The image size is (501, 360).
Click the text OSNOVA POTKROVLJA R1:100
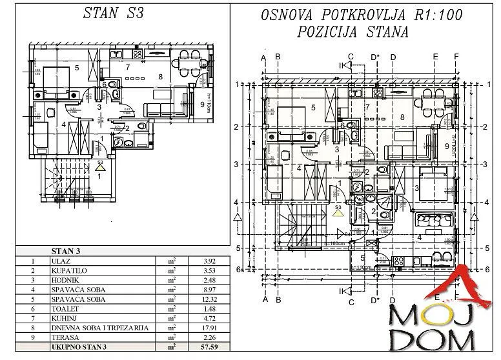[x=362, y=16]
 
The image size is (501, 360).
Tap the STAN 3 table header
[x=65, y=251]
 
